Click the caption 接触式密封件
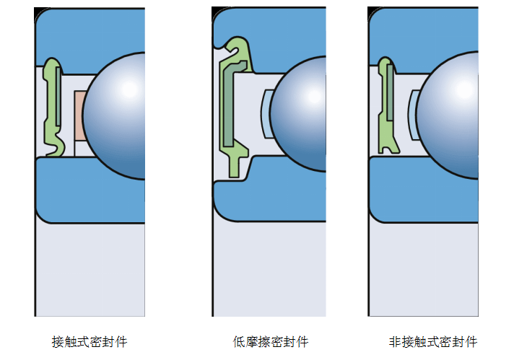90,341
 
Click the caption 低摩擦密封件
270,341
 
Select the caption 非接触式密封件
432,341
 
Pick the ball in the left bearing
116,115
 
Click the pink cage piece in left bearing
79,115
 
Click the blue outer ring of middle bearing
289,32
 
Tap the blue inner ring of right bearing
419,198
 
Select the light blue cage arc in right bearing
412,115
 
